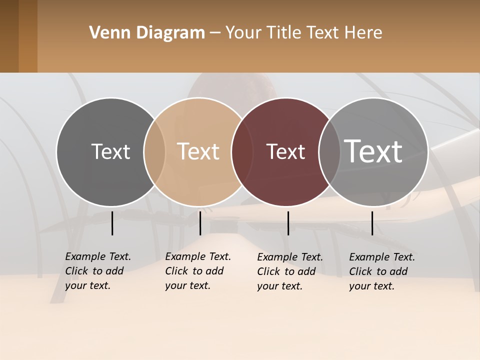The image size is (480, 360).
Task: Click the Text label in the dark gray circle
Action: tap(110, 151)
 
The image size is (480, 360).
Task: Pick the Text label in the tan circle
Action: tap(198, 151)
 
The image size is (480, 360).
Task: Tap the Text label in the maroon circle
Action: tap(285, 151)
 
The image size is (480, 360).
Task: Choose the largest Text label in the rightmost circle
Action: tap(373, 151)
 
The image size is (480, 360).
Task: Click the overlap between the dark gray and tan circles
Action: tap(154, 152)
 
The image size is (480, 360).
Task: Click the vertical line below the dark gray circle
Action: tap(112, 223)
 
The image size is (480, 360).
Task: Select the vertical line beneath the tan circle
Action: tap(200, 223)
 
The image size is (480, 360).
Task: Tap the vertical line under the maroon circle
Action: tap(288, 223)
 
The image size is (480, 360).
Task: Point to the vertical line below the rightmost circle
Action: tap(372, 223)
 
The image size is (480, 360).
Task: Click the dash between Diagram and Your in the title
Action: tap(215, 33)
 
